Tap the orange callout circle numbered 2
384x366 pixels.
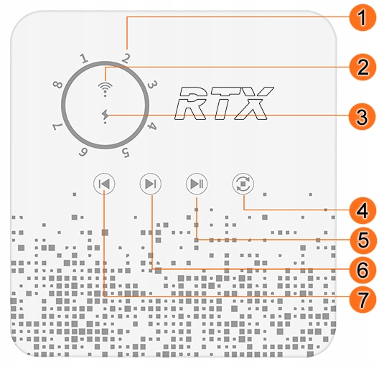coord(363,67)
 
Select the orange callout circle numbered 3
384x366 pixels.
coord(363,115)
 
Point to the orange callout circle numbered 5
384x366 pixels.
coord(363,239)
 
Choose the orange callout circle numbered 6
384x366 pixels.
coord(363,269)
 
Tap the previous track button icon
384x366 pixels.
coord(104,184)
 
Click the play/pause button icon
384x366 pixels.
coord(196,184)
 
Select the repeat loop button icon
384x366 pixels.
coord(243,184)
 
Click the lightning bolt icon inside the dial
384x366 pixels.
coord(106,115)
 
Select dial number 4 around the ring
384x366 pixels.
coord(152,127)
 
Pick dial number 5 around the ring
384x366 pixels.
coord(125,152)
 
